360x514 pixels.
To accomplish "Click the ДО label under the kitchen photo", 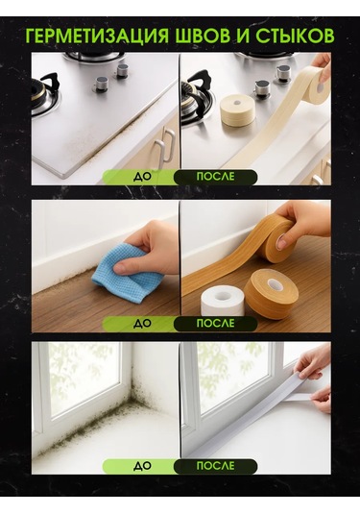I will [141, 177].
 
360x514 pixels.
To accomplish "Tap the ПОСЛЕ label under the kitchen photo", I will [215, 177].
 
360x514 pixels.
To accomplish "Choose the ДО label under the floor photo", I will [141, 324].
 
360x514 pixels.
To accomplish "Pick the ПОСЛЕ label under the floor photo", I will [215, 324].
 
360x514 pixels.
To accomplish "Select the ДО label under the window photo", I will [141, 466].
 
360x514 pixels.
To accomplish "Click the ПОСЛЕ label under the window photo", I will [215, 466].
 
